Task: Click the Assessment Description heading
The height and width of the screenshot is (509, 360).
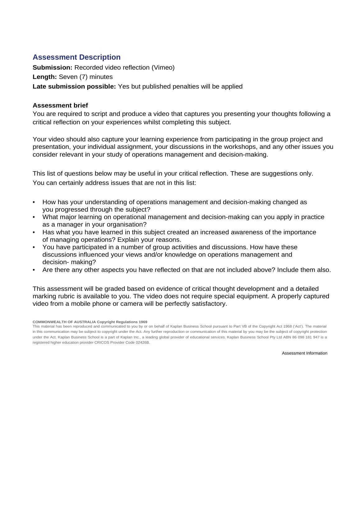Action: [76, 57]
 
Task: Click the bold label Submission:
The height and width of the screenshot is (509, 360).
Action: [53, 67]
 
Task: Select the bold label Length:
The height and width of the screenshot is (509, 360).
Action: [45, 77]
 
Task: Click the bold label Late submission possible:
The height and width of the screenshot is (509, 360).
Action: [74, 86]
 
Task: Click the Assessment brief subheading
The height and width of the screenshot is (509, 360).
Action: [60, 105]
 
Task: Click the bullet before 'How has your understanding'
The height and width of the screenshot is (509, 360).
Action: [34, 202]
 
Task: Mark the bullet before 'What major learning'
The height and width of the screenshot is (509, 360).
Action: [34, 217]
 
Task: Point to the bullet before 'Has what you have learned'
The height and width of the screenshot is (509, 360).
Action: [34, 232]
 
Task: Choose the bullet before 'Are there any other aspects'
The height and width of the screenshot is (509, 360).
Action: [34, 270]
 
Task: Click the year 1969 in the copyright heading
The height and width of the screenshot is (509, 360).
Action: [143, 322]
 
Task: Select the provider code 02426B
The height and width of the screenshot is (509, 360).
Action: [143, 342]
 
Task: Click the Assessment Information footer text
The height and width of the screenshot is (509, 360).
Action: [304, 353]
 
